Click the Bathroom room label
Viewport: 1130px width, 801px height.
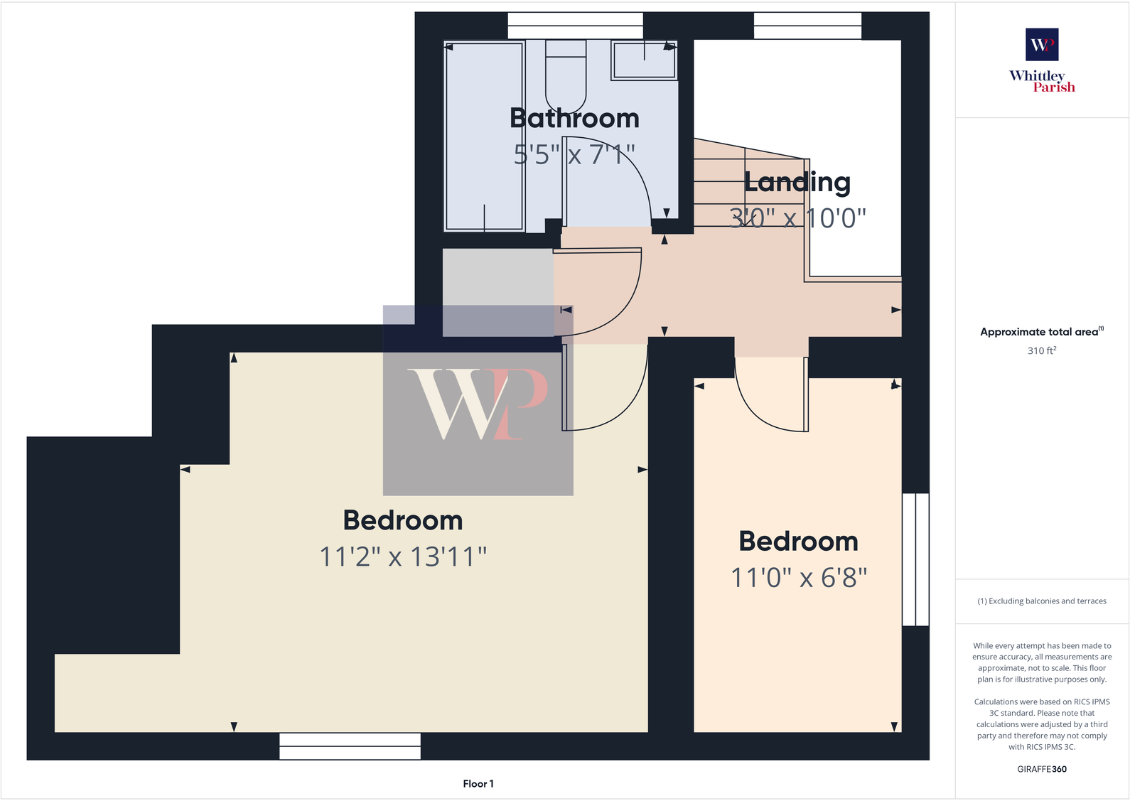click(x=574, y=119)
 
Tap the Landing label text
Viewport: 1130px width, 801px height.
click(x=797, y=183)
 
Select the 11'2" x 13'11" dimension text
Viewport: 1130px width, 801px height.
click(x=403, y=557)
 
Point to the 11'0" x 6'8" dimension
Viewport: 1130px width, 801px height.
click(x=799, y=579)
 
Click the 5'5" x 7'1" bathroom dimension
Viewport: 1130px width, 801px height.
click(x=574, y=154)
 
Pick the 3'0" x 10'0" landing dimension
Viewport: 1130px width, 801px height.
click(x=797, y=217)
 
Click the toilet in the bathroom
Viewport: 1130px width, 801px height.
click(x=566, y=75)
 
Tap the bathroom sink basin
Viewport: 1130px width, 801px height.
click(x=644, y=60)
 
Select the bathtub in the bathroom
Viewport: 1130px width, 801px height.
click(x=484, y=136)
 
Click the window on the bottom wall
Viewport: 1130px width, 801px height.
click(x=350, y=746)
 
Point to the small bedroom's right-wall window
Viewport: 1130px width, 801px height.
click(x=915, y=559)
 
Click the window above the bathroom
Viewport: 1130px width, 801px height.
click(x=575, y=26)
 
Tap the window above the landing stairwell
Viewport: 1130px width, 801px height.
click(x=807, y=26)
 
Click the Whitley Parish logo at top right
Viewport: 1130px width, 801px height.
click(x=1042, y=60)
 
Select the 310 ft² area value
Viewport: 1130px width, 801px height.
click(x=1042, y=350)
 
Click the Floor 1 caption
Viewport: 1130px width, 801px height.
click(x=478, y=784)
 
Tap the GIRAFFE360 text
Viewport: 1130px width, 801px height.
click(x=1042, y=769)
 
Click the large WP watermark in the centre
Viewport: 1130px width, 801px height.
click(x=478, y=402)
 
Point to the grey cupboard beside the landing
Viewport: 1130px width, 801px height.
click(x=497, y=292)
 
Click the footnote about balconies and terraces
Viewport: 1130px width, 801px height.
click(x=1042, y=601)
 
